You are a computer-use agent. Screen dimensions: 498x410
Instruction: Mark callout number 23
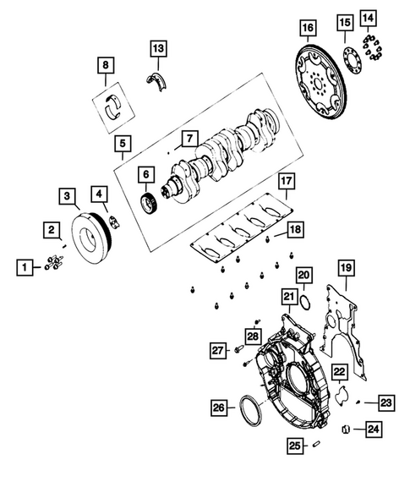[385, 402]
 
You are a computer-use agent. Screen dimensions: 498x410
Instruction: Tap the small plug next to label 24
[346, 430]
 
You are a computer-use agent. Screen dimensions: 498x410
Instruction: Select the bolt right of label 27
[238, 349]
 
